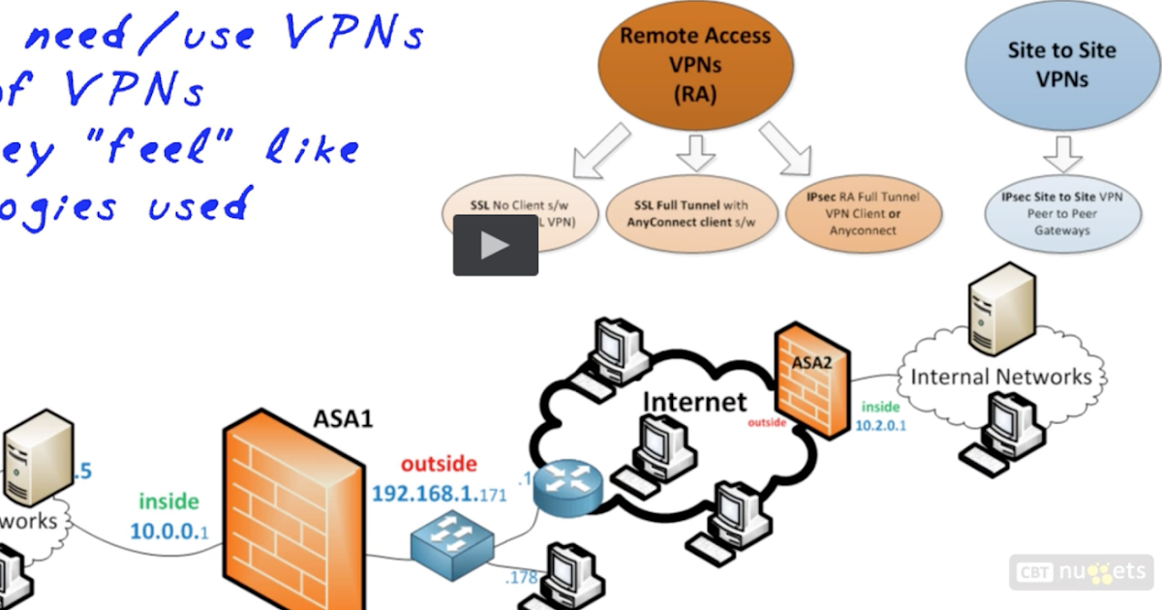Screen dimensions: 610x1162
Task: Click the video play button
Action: tap(495, 245)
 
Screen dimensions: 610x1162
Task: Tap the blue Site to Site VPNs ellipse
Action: tap(1061, 64)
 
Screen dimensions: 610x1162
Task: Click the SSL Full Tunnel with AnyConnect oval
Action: tap(691, 214)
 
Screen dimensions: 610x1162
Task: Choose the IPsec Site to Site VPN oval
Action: tap(1061, 213)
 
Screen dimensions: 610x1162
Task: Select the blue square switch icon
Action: tap(451, 545)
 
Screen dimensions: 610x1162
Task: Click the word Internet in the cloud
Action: tap(694, 401)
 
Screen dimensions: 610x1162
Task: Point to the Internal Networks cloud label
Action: tap(1001, 377)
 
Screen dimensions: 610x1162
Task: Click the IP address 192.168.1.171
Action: tap(439, 495)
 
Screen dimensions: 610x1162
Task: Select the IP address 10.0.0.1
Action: tap(169, 531)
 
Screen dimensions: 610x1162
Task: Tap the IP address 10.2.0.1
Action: tap(879, 426)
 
